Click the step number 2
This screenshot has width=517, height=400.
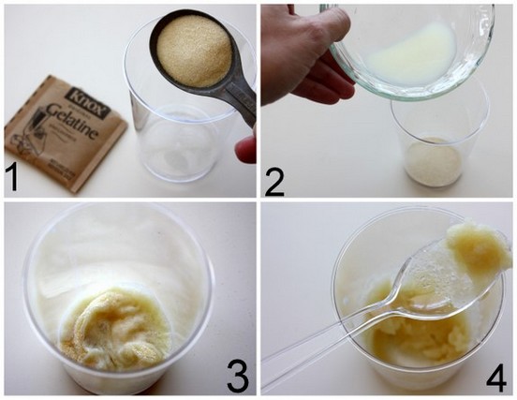275,177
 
